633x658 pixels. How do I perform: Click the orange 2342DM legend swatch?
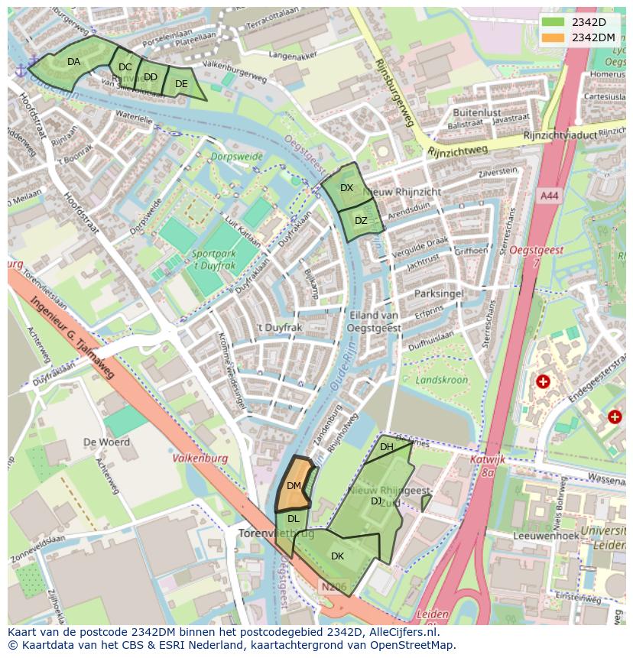[x=554, y=37]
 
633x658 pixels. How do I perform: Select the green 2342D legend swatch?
[x=554, y=22]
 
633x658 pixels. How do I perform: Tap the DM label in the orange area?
[x=294, y=486]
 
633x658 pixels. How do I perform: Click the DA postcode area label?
[x=73, y=62]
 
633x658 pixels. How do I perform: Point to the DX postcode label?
[x=346, y=188]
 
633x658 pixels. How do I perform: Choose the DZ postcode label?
[x=361, y=221]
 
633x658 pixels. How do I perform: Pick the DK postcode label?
[x=337, y=556]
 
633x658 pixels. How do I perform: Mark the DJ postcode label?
[x=376, y=501]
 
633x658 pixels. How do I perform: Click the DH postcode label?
[x=386, y=447]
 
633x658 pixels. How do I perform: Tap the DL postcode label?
[x=293, y=519]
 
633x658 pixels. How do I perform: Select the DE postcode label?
[x=181, y=84]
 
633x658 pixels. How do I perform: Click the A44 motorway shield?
[x=549, y=196]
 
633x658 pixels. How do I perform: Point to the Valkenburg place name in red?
[x=200, y=459]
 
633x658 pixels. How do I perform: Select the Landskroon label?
[x=440, y=380]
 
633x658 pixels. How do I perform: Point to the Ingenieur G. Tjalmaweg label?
[x=73, y=337]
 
